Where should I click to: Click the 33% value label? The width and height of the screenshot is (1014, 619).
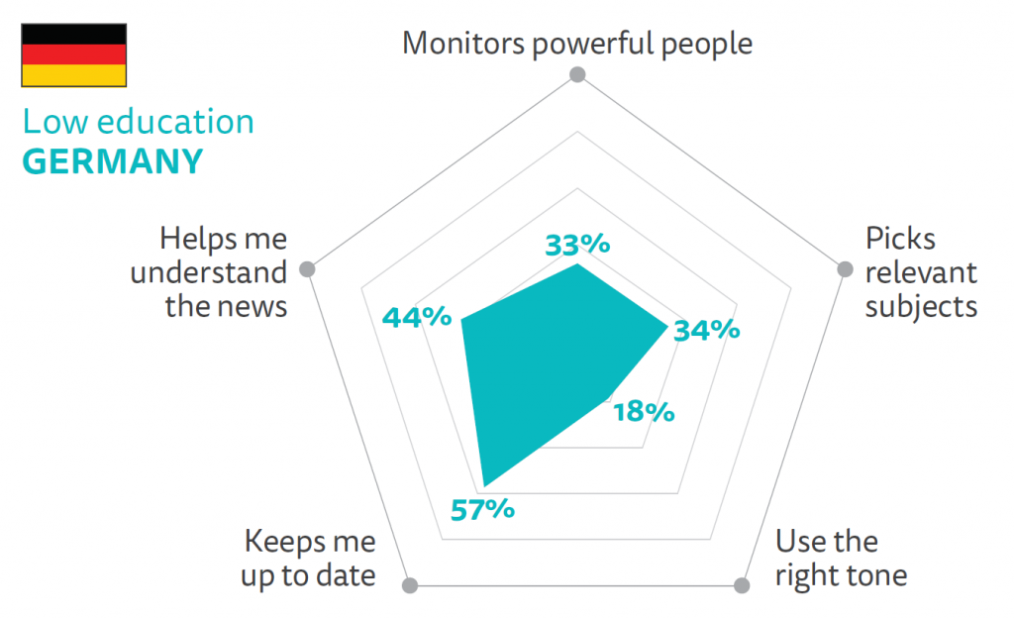pyautogui.click(x=578, y=245)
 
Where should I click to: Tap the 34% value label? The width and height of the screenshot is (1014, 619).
pyautogui.click(x=706, y=330)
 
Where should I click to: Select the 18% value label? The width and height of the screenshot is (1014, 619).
pyautogui.click(x=644, y=411)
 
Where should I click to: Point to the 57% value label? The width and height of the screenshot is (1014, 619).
pyautogui.click(x=482, y=510)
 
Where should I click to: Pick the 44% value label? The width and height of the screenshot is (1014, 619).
pyautogui.click(x=417, y=318)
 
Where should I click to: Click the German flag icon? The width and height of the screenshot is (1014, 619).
pyautogui.click(x=73, y=54)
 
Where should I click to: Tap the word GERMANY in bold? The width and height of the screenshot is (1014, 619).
pyautogui.click(x=112, y=160)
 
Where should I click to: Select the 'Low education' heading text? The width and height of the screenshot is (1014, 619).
pyautogui.click(x=138, y=122)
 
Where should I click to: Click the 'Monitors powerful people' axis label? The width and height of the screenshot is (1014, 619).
pyautogui.click(x=577, y=43)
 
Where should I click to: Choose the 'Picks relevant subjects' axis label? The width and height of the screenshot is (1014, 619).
pyautogui.click(x=921, y=272)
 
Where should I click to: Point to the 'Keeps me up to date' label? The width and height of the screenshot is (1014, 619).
pyautogui.click(x=309, y=559)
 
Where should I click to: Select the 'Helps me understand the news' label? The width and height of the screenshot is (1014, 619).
pyautogui.click(x=209, y=272)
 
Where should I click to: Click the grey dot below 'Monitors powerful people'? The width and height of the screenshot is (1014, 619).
pyautogui.click(x=578, y=75)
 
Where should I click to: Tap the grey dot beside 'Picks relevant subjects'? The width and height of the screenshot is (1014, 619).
pyautogui.click(x=845, y=269)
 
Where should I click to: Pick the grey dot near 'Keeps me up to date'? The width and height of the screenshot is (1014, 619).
pyautogui.click(x=411, y=585)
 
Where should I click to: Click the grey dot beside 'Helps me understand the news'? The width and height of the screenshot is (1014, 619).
pyautogui.click(x=308, y=268)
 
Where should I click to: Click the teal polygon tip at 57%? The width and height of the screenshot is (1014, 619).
pyautogui.click(x=484, y=485)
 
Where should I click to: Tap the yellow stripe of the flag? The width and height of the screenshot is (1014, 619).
pyautogui.click(x=73, y=74)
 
